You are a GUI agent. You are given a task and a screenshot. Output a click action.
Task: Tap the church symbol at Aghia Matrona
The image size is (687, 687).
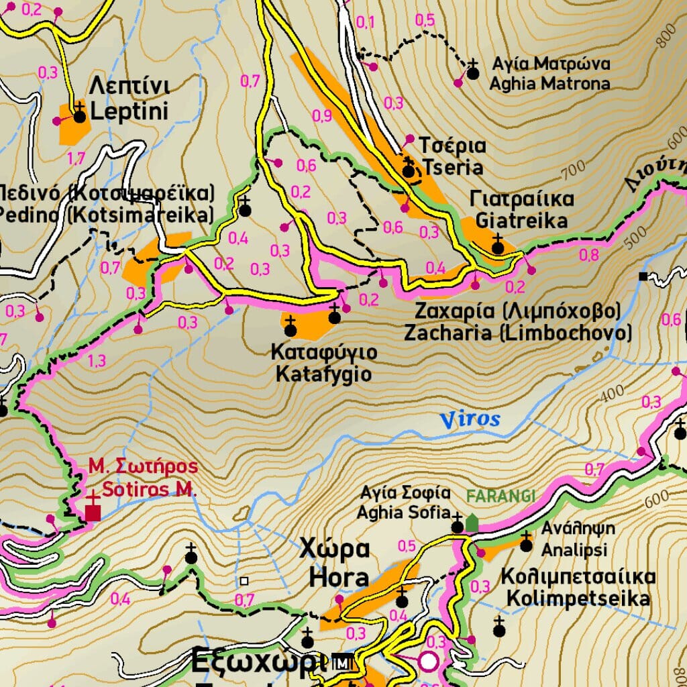tap(473, 72)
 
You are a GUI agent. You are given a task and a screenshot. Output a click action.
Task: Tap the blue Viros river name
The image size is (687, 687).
tap(470, 420)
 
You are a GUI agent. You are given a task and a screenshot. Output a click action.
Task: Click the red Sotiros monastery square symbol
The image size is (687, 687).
tap(93, 512)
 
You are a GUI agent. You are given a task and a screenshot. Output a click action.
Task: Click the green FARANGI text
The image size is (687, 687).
tap(500, 496)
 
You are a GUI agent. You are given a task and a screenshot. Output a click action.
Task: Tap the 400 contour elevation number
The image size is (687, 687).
tap(612, 396)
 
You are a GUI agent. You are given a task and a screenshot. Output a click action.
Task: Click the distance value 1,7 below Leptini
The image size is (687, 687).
tap(76, 158)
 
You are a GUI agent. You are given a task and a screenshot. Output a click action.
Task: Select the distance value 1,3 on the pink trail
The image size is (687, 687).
tap(97, 361)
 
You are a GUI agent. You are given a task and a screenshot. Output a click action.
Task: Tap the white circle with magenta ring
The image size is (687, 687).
tap(429, 662)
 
